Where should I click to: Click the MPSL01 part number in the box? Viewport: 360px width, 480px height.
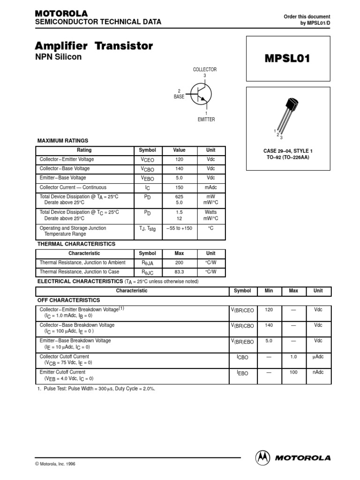click(x=288, y=59)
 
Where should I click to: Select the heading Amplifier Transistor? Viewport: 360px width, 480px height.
click(x=94, y=46)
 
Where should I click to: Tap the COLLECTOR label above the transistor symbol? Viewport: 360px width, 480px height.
click(x=205, y=69)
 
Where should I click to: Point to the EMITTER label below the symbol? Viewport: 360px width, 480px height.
click(x=206, y=120)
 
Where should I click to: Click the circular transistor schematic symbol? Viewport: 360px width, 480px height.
click(x=200, y=94)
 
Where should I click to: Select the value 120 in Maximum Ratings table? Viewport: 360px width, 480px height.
click(x=179, y=159)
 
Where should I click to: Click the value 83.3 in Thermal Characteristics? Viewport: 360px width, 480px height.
click(x=179, y=272)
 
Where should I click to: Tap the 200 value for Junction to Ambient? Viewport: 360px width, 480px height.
click(x=179, y=262)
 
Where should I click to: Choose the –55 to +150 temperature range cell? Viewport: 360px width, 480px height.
click(x=179, y=228)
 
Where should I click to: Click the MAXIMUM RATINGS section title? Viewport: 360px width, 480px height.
click(x=62, y=141)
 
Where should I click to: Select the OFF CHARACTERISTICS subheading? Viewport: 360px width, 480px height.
click(x=68, y=300)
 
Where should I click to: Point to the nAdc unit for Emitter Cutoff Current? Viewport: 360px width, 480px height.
click(x=318, y=372)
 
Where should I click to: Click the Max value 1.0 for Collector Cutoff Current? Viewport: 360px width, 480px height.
click(x=293, y=357)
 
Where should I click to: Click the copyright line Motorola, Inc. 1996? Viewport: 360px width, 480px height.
click(x=55, y=464)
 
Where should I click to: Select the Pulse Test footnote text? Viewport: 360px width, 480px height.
click(x=96, y=389)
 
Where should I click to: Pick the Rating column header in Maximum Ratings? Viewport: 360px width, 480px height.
click(x=84, y=150)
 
